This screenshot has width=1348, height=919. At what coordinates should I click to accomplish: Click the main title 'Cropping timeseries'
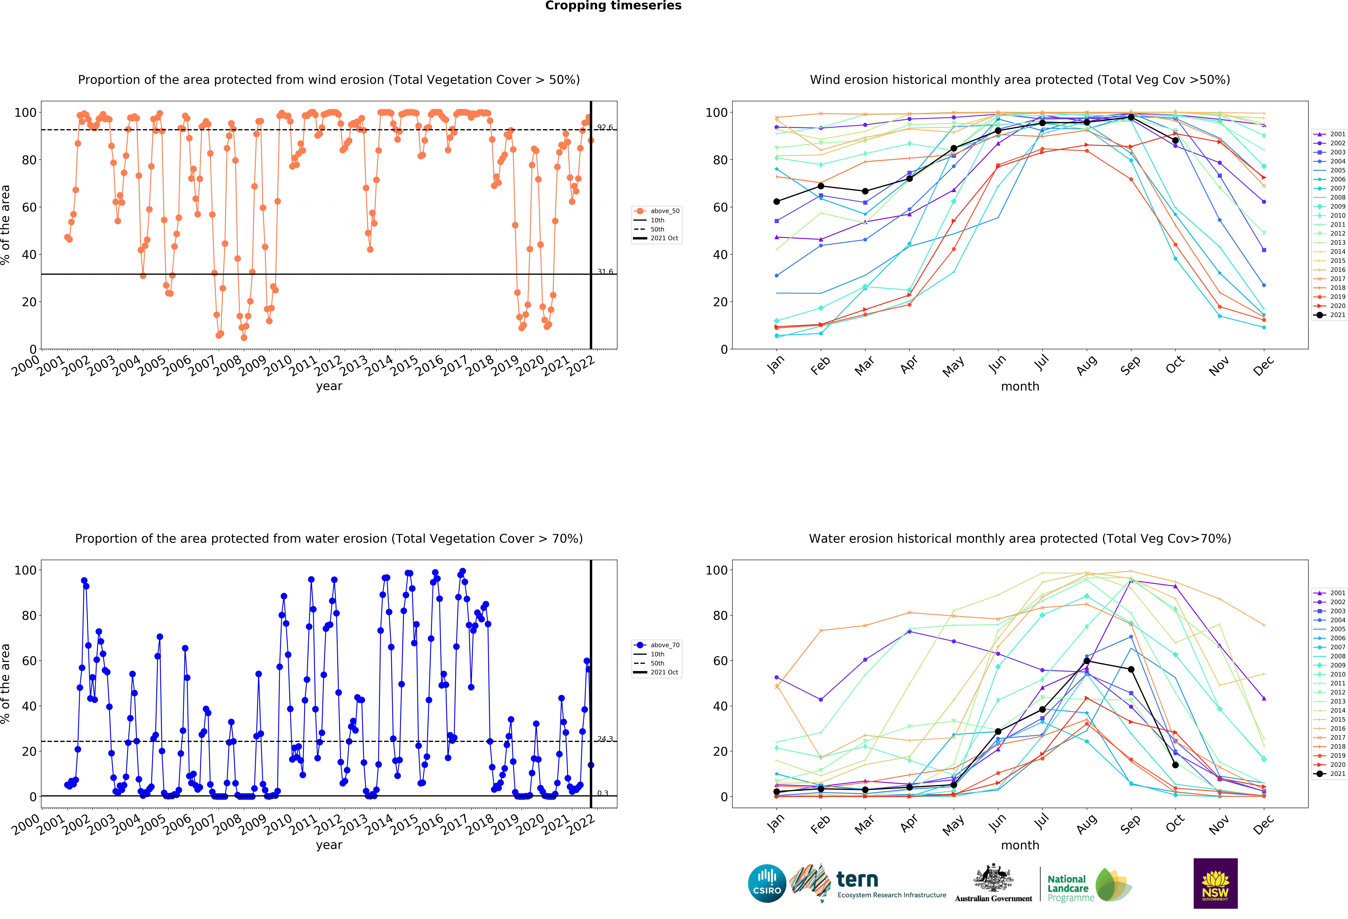click(x=613, y=6)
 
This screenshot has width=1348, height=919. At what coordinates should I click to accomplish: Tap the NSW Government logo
click(x=1215, y=883)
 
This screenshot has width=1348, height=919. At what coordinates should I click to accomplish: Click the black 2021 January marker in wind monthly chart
click(x=776, y=201)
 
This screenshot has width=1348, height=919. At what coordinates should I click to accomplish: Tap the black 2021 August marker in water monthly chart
click(x=1086, y=661)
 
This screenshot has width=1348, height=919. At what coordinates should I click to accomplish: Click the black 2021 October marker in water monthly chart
click(x=1175, y=765)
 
